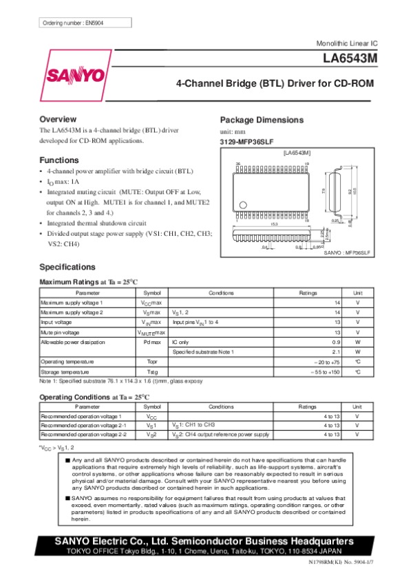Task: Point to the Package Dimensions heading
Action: click(x=261, y=119)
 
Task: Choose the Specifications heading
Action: click(x=67, y=266)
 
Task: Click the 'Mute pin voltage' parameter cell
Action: click(x=63, y=332)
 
